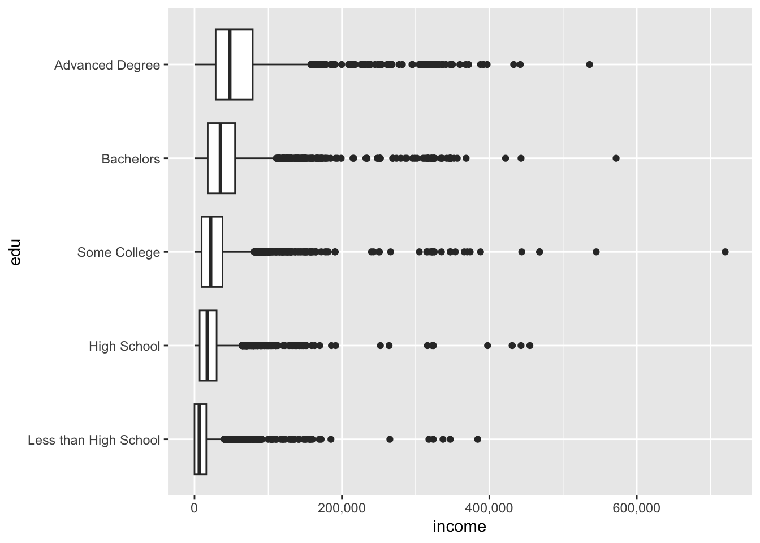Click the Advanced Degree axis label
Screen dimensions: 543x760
pos(107,65)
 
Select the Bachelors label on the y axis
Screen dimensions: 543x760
pos(131,159)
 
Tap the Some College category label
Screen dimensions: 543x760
pos(119,252)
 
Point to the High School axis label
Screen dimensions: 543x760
pos(124,346)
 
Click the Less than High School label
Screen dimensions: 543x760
pos(94,440)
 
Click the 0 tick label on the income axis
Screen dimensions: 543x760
pos(195,507)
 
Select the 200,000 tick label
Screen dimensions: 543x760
pos(342,507)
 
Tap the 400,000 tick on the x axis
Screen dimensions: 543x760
pos(489,507)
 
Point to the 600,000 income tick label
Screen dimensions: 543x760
pos(637,507)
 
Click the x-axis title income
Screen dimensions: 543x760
pos(459,527)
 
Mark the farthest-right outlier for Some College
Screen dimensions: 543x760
pos(725,252)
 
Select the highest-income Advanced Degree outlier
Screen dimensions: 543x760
pos(589,64)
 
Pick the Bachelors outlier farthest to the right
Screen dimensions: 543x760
pos(616,158)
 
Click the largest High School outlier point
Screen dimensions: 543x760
pos(530,345)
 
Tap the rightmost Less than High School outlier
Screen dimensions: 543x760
pos(477,439)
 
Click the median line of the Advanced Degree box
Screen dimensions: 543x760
pos(230,64)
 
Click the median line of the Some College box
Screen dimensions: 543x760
pos(210,252)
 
